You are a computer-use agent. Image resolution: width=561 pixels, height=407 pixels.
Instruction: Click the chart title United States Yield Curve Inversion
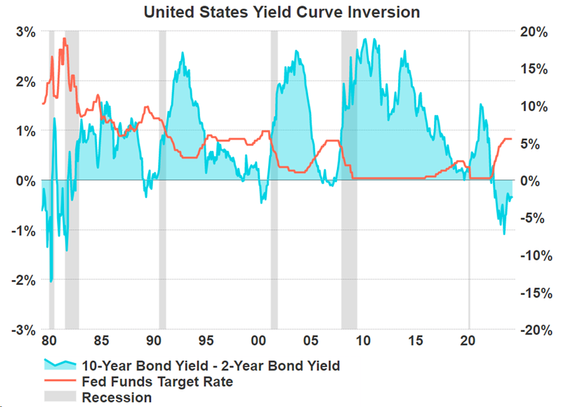[x=281, y=12]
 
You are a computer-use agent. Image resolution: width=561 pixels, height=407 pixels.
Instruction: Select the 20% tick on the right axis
[x=536, y=32]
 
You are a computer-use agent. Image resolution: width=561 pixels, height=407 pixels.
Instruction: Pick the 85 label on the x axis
[x=101, y=342]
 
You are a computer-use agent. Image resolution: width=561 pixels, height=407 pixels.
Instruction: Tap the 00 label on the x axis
[x=258, y=342]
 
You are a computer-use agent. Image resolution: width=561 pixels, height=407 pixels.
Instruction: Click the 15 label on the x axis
[x=416, y=342]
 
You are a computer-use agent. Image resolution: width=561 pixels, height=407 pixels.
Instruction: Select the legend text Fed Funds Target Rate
[x=157, y=382]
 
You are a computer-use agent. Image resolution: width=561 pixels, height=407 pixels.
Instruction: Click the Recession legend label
[x=117, y=397]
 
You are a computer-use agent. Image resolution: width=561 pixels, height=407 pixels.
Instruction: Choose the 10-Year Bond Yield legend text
[x=211, y=366]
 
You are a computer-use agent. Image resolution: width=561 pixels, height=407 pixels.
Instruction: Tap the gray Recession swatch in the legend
[x=60, y=397]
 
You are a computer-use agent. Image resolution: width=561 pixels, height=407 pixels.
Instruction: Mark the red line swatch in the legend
[x=60, y=382]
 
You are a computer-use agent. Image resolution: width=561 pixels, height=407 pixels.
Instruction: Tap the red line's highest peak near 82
[x=65, y=39]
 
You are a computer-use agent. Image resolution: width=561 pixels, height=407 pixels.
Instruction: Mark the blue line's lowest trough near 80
[x=51, y=281]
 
